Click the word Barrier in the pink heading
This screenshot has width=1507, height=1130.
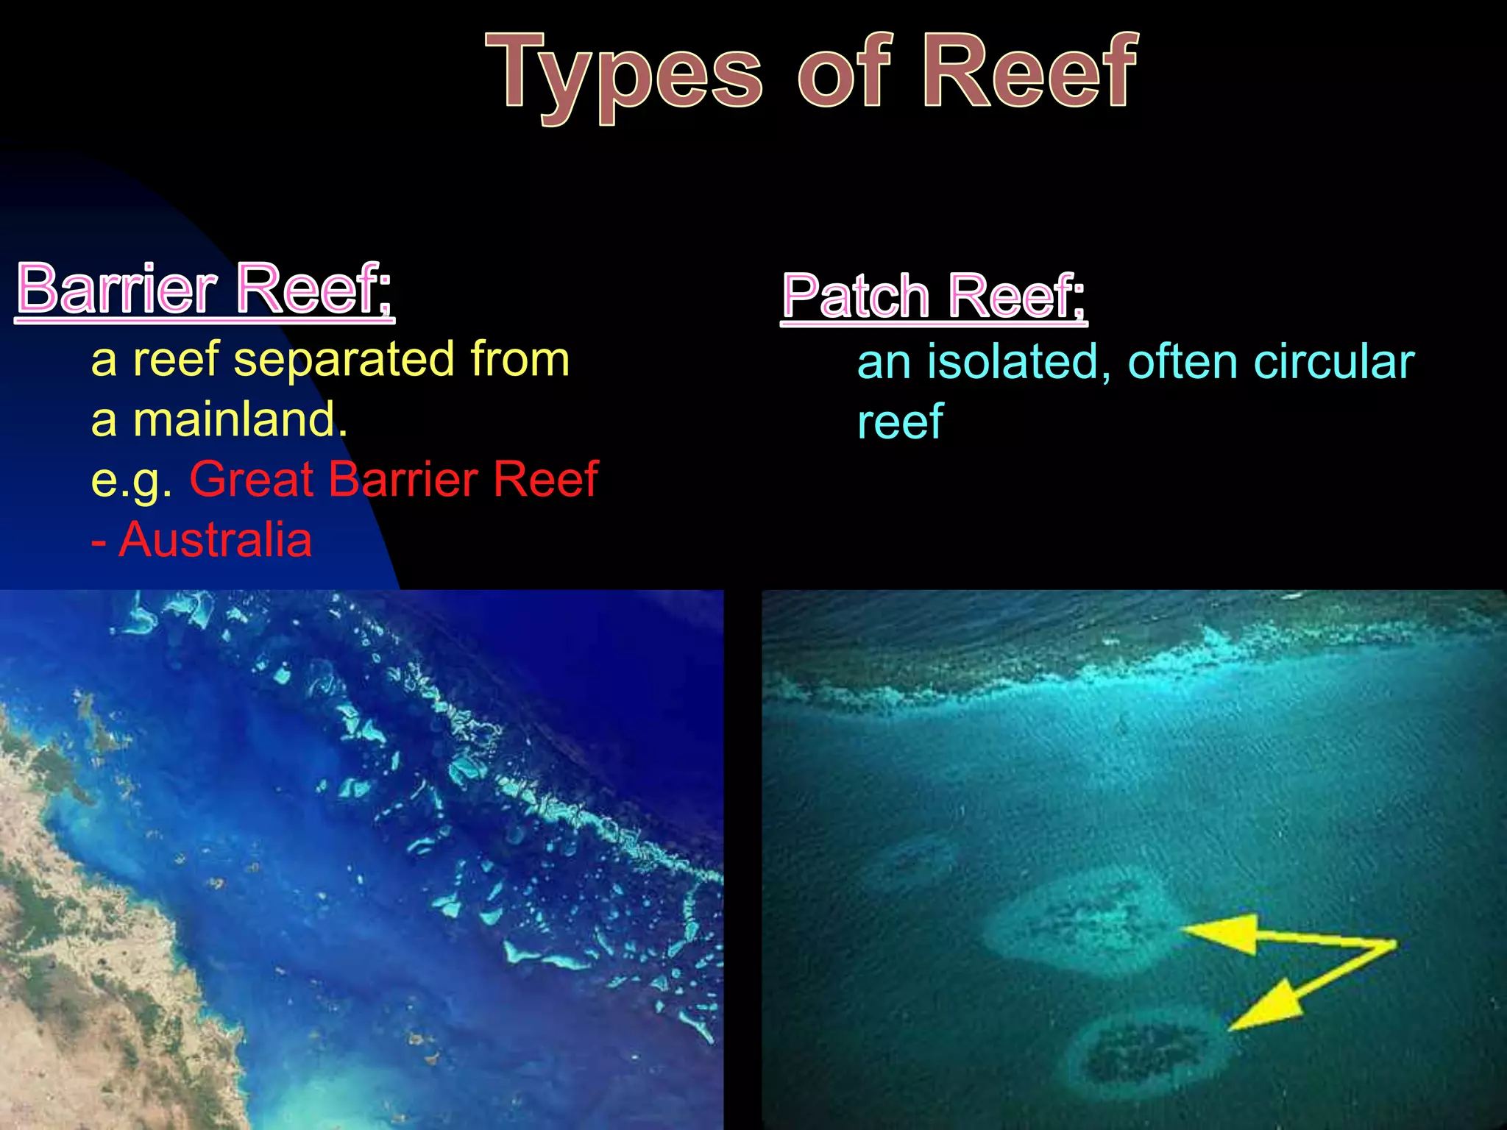point(118,288)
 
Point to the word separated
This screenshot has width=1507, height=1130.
point(344,360)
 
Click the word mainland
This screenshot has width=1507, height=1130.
point(240,420)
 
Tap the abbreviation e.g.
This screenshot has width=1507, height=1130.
point(132,480)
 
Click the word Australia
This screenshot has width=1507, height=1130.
point(215,540)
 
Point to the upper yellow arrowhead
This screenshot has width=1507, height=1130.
point(1221,933)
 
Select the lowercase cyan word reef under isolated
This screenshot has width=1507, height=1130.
point(900,422)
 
